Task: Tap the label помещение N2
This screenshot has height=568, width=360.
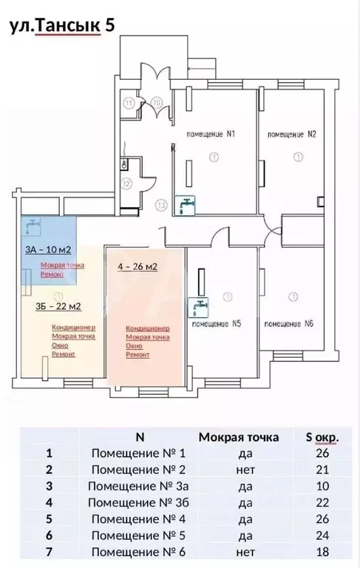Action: (x=292, y=135)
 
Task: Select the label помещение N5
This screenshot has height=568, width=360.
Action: (x=217, y=323)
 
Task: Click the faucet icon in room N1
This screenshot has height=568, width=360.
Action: (x=187, y=203)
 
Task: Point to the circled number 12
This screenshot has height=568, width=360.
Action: (x=127, y=183)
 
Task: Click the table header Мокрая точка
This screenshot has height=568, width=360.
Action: (x=239, y=437)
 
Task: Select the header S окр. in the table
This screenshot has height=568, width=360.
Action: (x=322, y=437)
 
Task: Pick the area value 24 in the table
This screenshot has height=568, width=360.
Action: (x=322, y=535)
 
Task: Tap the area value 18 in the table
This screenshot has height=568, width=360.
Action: (x=322, y=551)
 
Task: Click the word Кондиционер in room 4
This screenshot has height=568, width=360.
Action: (x=148, y=328)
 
